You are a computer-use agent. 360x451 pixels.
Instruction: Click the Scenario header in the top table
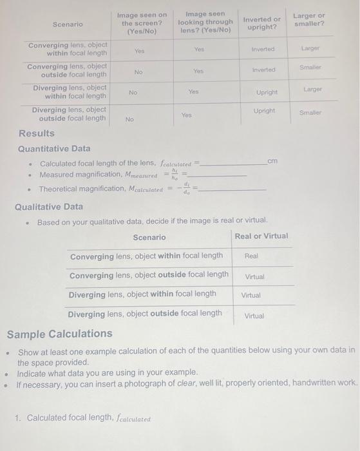click(68, 24)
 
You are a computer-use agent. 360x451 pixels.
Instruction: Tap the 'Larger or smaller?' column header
click(308, 19)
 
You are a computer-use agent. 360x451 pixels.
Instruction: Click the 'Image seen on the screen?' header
click(142, 23)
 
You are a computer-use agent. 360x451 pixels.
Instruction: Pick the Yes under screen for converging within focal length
click(139, 50)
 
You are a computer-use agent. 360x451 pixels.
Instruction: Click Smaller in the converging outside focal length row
click(310, 66)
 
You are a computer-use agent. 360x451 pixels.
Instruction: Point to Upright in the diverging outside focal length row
click(265, 111)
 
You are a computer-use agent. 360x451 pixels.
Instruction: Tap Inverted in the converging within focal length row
click(263, 49)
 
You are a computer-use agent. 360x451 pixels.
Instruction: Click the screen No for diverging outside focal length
click(129, 119)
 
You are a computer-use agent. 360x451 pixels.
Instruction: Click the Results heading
click(37, 133)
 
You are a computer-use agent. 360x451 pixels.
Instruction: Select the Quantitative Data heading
click(54, 148)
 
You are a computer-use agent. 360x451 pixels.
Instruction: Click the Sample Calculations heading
click(59, 334)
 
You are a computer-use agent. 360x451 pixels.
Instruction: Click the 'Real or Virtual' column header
click(261, 236)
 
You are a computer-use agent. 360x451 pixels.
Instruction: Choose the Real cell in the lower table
click(251, 256)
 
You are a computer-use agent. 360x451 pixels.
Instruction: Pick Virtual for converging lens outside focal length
click(254, 276)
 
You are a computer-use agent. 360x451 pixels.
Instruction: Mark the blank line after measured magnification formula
click(219, 175)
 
